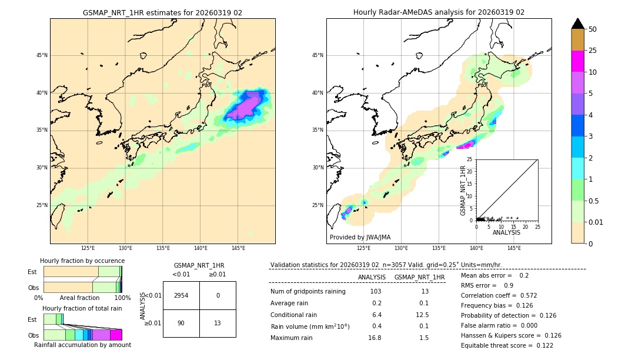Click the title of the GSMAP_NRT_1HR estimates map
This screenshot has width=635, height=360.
click(162, 12)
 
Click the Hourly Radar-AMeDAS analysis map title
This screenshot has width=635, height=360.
click(439, 12)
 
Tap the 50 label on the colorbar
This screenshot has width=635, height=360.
click(593, 29)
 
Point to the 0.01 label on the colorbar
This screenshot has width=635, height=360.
click(596, 222)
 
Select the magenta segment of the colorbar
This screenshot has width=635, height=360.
click(577, 61)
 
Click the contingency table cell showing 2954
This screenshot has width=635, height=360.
click(181, 295)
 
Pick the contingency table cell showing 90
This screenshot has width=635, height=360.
click(181, 323)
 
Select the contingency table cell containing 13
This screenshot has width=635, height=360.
click(218, 323)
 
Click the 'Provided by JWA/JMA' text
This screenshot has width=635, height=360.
click(360, 237)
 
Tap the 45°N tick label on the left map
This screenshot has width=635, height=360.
click(42, 55)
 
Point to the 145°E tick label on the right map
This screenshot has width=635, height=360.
click(514, 248)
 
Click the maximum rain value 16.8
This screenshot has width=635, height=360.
click(375, 338)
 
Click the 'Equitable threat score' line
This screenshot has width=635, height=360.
click(507, 345)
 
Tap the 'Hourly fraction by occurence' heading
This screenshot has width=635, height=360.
click(82, 261)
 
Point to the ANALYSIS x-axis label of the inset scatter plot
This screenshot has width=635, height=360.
click(506, 232)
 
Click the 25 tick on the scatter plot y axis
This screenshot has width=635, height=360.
click(470, 159)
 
